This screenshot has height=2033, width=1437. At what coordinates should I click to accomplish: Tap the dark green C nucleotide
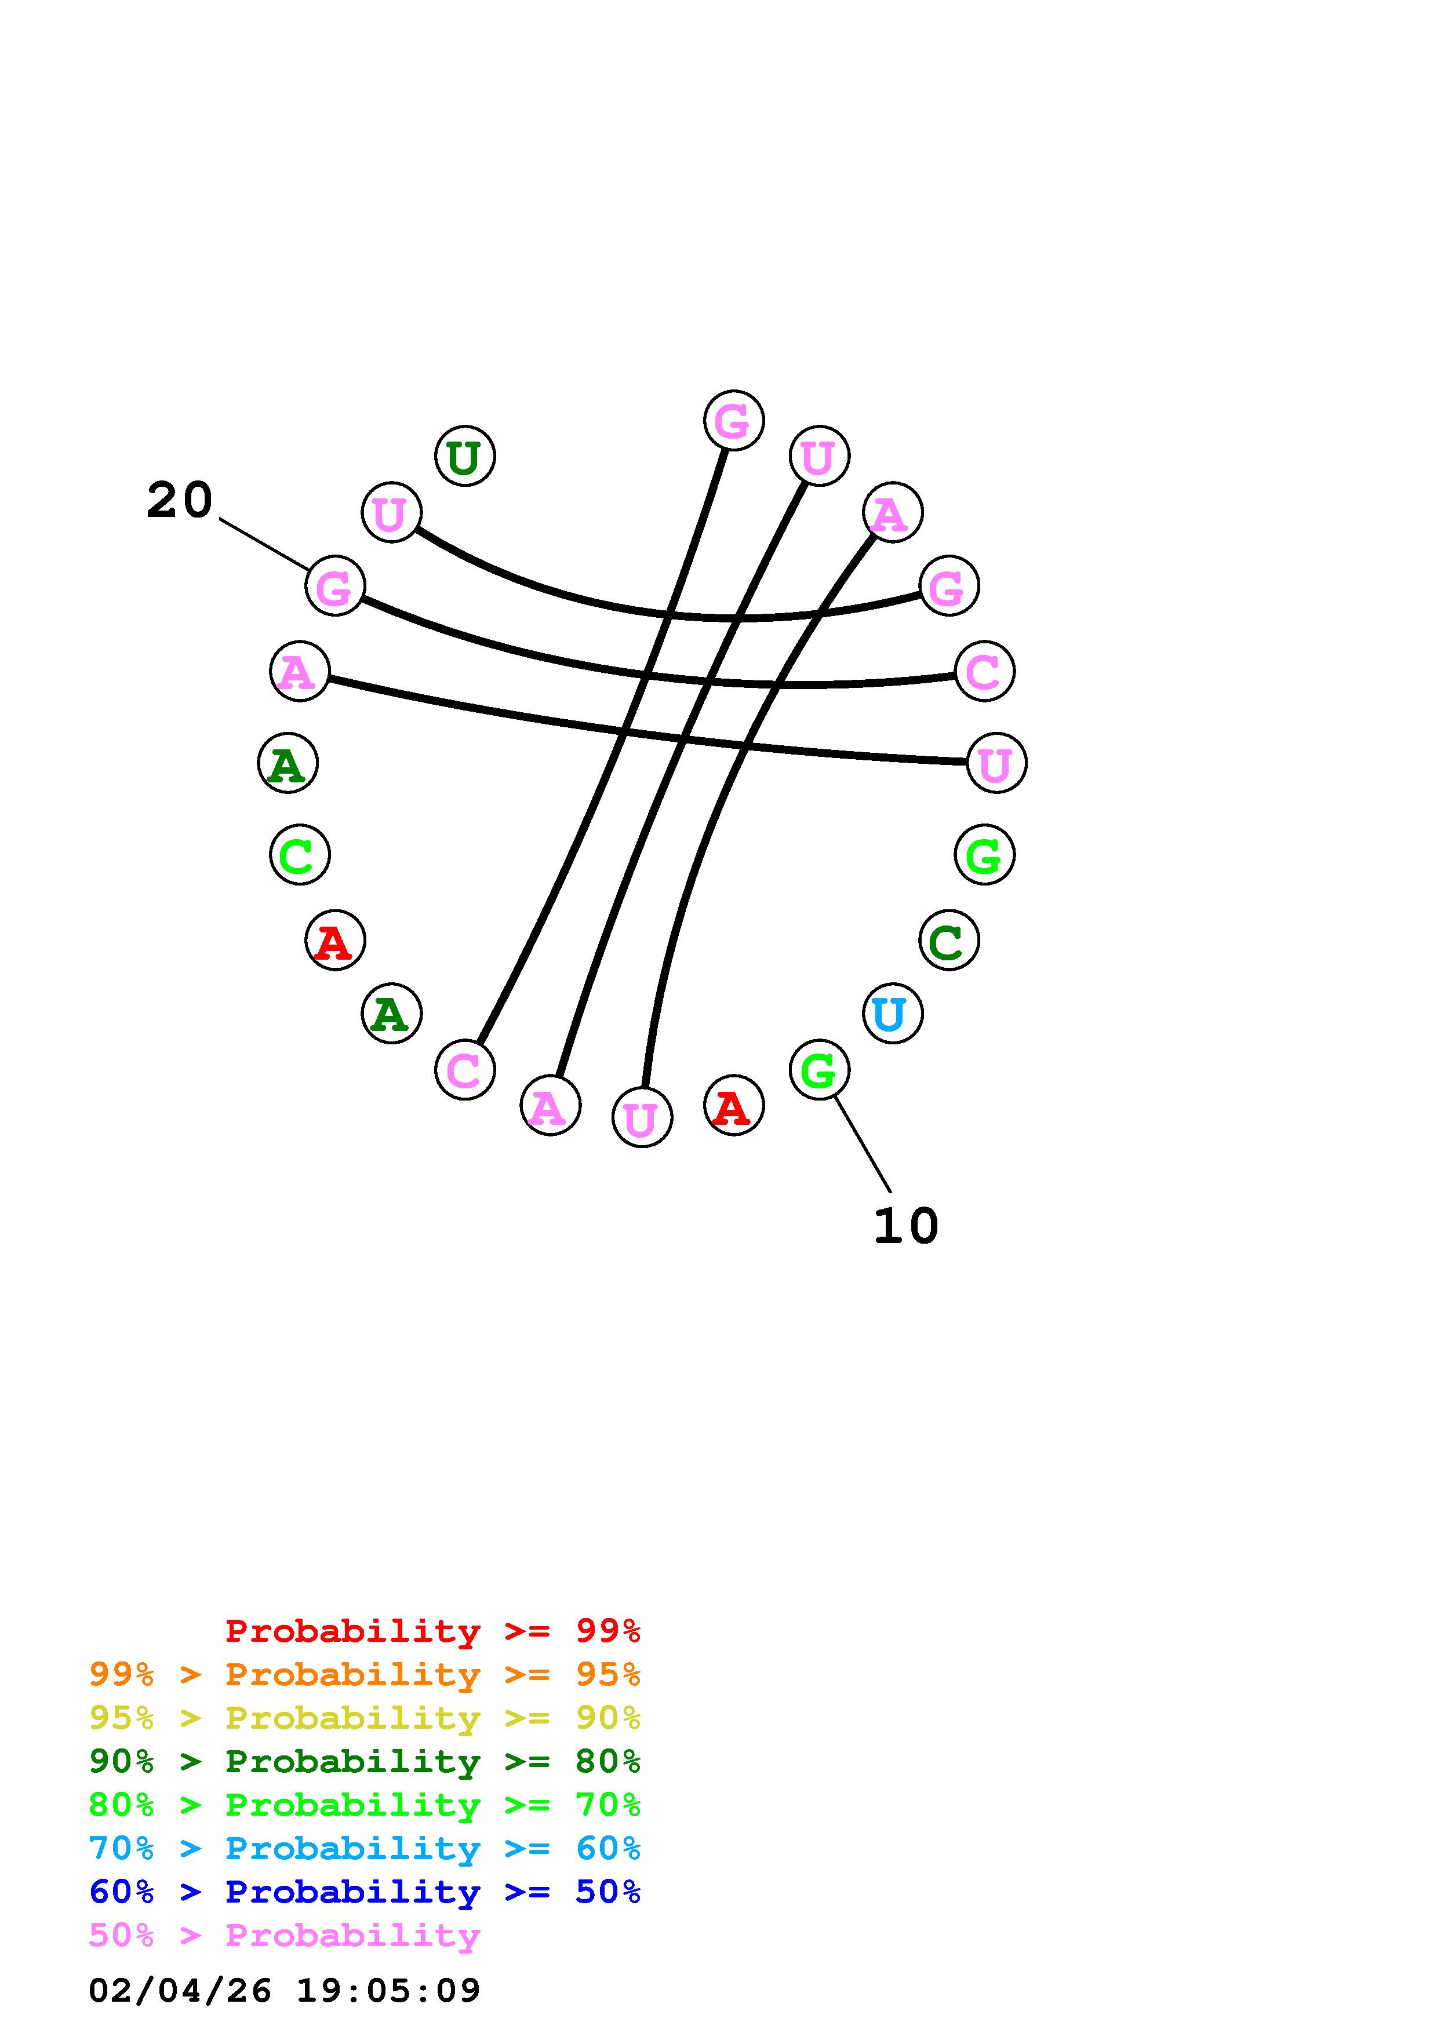[948, 941]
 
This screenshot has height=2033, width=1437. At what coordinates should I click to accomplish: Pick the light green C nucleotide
[299, 854]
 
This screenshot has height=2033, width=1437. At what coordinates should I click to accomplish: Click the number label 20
[180, 500]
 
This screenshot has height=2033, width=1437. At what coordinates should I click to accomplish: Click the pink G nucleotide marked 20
[334, 585]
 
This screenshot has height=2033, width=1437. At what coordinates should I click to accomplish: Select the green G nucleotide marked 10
[819, 1070]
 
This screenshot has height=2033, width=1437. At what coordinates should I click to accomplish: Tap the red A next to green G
[733, 1105]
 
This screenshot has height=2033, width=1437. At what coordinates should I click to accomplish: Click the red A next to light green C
[334, 941]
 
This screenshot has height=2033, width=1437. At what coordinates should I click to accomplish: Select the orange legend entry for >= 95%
[365, 1674]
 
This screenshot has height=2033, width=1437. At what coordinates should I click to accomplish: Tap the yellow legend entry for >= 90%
[365, 1718]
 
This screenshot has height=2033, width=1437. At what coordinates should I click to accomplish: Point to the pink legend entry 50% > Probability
[284, 1934]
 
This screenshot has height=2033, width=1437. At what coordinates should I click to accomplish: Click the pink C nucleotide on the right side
[984, 671]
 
